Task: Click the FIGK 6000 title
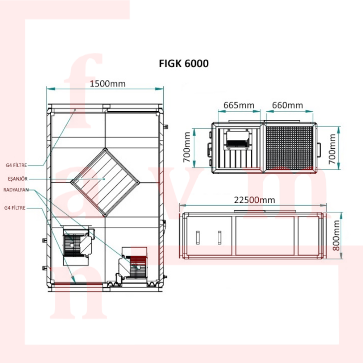pyautogui.click(x=184, y=64)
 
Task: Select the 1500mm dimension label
pyautogui.click(x=108, y=83)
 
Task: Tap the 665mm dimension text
pyautogui.click(x=239, y=105)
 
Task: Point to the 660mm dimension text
pyautogui.click(x=287, y=105)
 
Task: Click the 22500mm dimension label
pyautogui.click(x=255, y=200)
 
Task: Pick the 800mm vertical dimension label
pyautogui.click(x=336, y=235)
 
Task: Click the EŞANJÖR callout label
pyautogui.click(x=18, y=179)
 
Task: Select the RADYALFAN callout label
pyautogui.click(x=16, y=190)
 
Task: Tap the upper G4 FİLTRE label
pyautogui.click(x=16, y=165)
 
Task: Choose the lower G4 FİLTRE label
pyautogui.click(x=15, y=208)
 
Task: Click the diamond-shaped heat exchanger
pyautogui.click(x=105, y=182)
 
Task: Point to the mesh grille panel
pyautogui.click(x=289, y=147)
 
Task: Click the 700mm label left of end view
pyautogui.click(x=186, y=147)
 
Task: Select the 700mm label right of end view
pyautogui.click(x=332, y=149)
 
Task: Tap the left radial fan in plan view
pyautogui.click(x=78, y=245)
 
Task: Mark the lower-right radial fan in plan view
pyautogui.click(x=132, y=264)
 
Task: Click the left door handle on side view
pyautogui.click(x=197, y=237)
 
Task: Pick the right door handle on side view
pyautogui.click(x=219, y=237)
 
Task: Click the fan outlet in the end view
pyautogui.click(x=237, y=140)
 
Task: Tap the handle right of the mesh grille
pyautogui.click(x=319, y=150)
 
